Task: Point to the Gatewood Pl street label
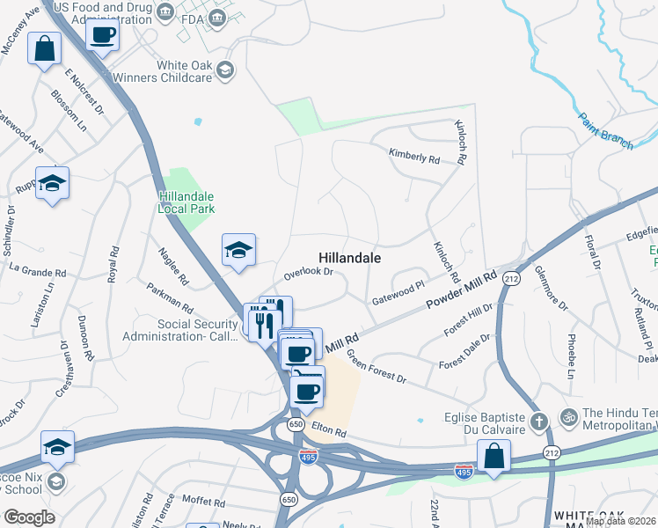tap(398, 290)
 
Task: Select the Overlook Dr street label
tap(308, 274)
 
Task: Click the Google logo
tap(29, 517)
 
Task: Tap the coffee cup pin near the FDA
tap(102, 36)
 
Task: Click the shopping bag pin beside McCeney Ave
tap(44, 49)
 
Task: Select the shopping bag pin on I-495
tap(493, 457)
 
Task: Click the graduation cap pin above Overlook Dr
tap(238, 251)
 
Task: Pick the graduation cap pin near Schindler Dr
tap(52, 184)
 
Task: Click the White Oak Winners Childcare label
tap(186, 71)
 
